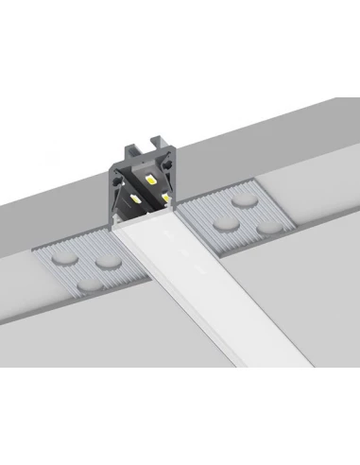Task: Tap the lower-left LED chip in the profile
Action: (x=137, y=202)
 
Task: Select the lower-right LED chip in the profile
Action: (x=164, y=198)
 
